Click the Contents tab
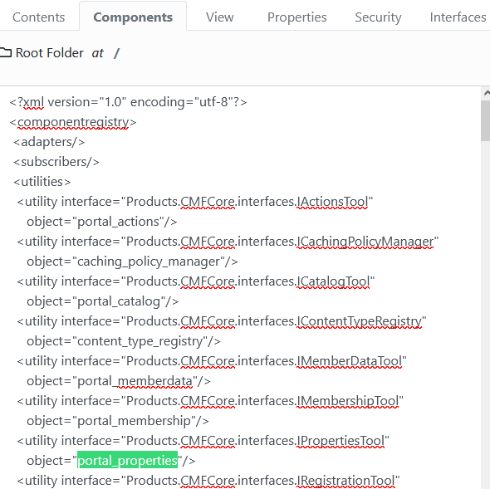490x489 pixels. pyautogui.click(x=39, y=17)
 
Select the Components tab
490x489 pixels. pyautogui.click(x=133, y=17)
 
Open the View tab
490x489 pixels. pyautogui.click(x=220, y=17)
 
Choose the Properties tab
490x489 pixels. pyautogui.click(x=296, y=17)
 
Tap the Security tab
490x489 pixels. pyautogui.click(x=378, y=17)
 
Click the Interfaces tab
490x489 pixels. pyautogui.click(x=458, y=17)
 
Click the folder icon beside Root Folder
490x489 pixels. pyautogui.click(x=6, y=53)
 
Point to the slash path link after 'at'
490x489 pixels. pyautogui.click(x=116, y=53)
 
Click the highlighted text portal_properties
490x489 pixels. pyautogui.click(x=128, y=460)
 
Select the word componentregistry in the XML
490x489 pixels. pyautogui.click(x=73, y=122)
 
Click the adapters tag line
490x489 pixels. pyautogui.click(x=49, y=142)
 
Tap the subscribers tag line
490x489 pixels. pyautogui.click(x=56, y=162)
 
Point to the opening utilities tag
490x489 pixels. pyautogui.click(x=42, y=182)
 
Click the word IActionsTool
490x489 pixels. pyautogui.click(x=332, y=202)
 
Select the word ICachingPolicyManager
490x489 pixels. pyautogui.click(x=365, y=242)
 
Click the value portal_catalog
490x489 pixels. pyautogui.click(x=119, y=301)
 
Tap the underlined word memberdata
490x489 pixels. pyautogui.click(x=155, y=381)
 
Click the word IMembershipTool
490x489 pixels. pyautogui.click(x=347, y=401)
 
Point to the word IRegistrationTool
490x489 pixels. pyautogui.click(x=345, y=481)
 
